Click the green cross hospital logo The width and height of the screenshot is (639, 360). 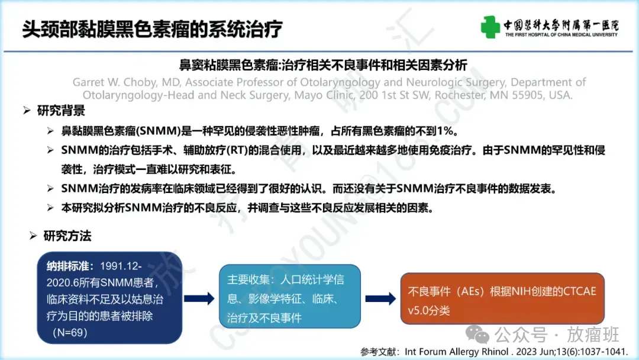click(x=490, y=27)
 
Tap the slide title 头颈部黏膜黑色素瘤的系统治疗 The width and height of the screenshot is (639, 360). click(x=152, y=29)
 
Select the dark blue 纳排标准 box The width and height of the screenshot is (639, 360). click(x=109, y=298)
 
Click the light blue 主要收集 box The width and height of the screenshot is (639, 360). click(x=290, y=297)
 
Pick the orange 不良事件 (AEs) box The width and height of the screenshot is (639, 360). click(x=502, y=299)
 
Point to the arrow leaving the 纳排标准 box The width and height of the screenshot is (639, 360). click(x=199, y=298)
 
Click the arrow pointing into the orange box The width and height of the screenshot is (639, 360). click(x=380, y=298)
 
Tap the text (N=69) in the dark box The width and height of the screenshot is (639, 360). click(x=70, y=332)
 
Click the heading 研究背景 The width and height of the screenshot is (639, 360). click(x=61, y=111)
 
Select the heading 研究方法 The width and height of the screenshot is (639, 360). click(x=67, y=236)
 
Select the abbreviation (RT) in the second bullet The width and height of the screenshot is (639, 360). click(x=237, y=150)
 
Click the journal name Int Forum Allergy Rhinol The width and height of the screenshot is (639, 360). click(x=456, y=352)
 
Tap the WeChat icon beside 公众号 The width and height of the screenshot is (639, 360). click(x=477, y=334)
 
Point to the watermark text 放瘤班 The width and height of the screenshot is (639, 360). click(x=593, y=335)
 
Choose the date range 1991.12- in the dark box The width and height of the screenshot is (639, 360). click(x=121, y=266)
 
